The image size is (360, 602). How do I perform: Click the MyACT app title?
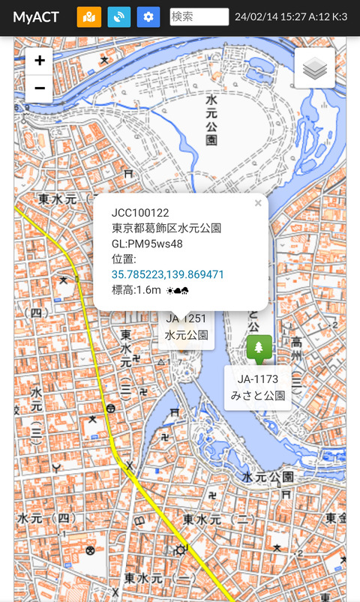[36, 17]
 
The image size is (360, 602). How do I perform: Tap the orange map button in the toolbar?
[89, 17]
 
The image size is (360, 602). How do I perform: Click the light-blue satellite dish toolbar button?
[119, 17]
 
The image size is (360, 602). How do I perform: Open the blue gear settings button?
[148, 17]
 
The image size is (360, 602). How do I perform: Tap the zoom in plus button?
[40, 61]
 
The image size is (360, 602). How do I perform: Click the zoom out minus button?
[40, 88]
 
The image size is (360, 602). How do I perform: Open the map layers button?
[315, 68]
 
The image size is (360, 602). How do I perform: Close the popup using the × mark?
[258, 203]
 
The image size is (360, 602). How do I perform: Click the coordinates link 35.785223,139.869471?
[168, 274]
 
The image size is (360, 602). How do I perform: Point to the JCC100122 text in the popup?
[140, 213]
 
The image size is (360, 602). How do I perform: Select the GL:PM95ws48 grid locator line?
[147, 244]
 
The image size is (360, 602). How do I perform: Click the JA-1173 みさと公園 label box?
[258, 388]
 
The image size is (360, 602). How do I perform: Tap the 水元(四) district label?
[46, 518]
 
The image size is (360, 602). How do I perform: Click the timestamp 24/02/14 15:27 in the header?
[270, 17]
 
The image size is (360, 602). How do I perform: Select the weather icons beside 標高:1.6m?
[178, 290]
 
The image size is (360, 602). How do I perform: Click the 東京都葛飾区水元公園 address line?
[166, 229]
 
